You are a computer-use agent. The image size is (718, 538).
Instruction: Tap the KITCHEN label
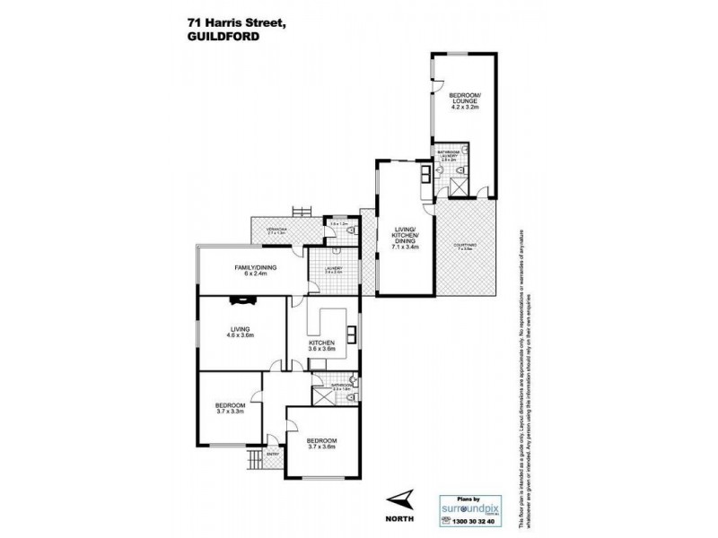coord(321,343)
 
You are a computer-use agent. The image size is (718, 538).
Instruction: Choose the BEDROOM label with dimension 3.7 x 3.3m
coord(230,405)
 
